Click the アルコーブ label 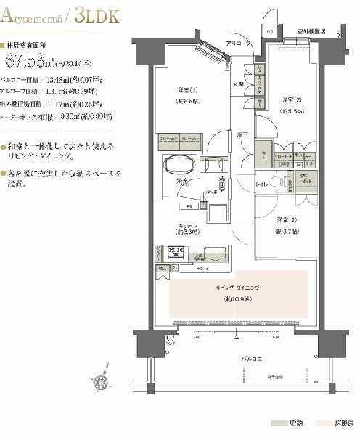237,44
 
